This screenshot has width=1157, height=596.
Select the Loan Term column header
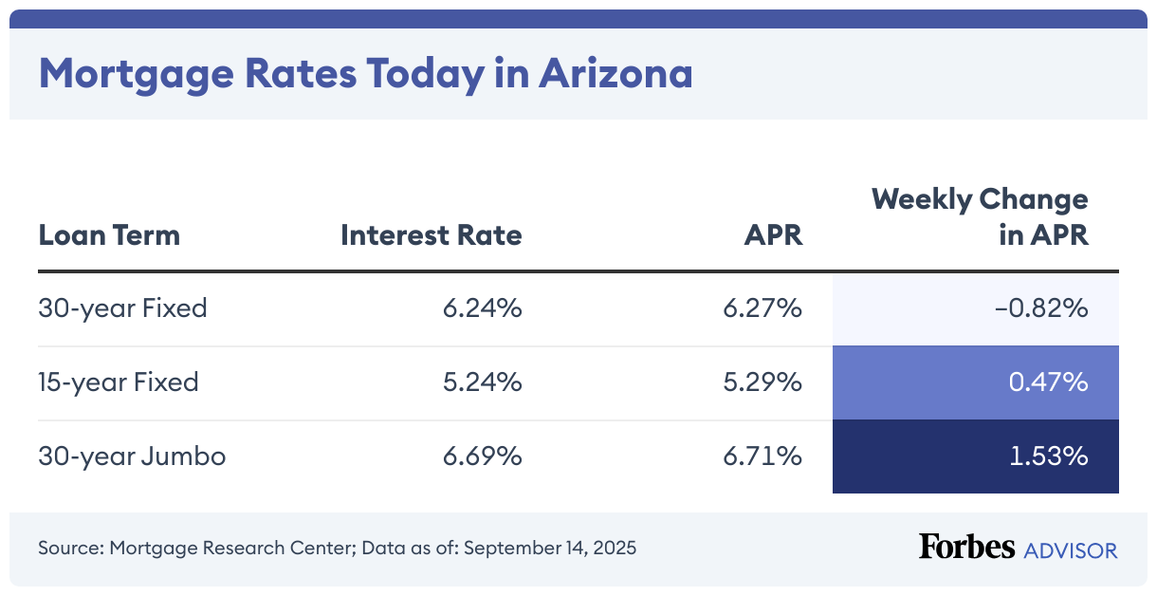pos(109,234)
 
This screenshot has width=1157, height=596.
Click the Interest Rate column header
pos(431,234)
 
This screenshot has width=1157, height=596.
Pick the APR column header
pos(773,234)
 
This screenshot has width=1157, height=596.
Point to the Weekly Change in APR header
pos(980,217)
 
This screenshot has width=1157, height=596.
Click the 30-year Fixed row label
pos(122,308)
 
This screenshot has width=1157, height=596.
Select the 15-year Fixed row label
pos(119,382)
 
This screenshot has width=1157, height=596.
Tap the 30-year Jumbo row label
pos(132,456)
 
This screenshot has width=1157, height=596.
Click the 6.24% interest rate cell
pos(482,308)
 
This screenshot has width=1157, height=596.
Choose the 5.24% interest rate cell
pos(482,382)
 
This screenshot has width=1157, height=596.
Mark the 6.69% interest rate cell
pos(482,456)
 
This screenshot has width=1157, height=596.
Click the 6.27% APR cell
pos(763,308)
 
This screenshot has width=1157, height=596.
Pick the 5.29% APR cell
pos(763,382)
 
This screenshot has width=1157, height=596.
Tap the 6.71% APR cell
pos(763,456)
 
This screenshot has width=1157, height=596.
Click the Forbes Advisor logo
pos(1018,549)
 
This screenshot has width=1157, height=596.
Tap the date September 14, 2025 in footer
pos(550,549)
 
